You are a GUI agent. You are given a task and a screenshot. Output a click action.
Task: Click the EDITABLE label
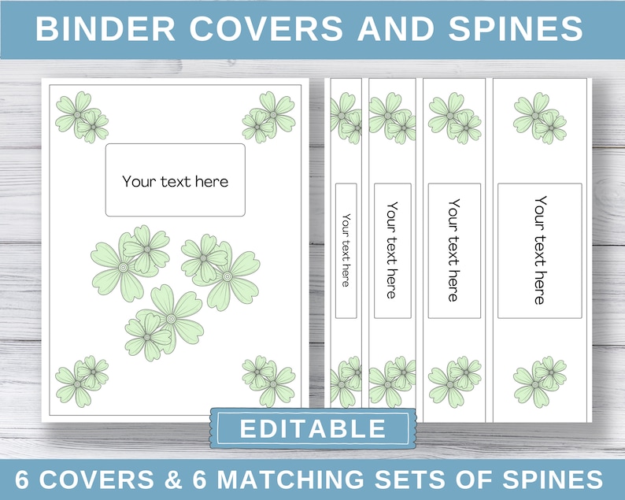point(312,429)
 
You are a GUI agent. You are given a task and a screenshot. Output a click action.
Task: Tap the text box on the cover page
point(175,180)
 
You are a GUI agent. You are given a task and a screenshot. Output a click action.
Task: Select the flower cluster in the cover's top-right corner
point(269,117)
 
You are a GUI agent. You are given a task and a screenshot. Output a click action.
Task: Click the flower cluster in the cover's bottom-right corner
point(269,380)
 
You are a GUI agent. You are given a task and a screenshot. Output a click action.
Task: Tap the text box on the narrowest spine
point(346,250)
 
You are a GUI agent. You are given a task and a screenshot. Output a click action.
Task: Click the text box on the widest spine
point(539,250)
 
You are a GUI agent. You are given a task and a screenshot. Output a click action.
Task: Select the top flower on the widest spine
point(539,117)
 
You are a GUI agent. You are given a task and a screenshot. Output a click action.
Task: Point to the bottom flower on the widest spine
point(539,381)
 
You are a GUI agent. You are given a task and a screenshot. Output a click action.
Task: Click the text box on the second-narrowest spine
point(392,250)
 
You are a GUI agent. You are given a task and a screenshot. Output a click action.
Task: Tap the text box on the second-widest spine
point(454,250)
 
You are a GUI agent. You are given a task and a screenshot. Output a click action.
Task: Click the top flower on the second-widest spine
point(454,117)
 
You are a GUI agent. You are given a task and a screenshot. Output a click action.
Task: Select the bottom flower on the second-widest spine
point(454,381)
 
